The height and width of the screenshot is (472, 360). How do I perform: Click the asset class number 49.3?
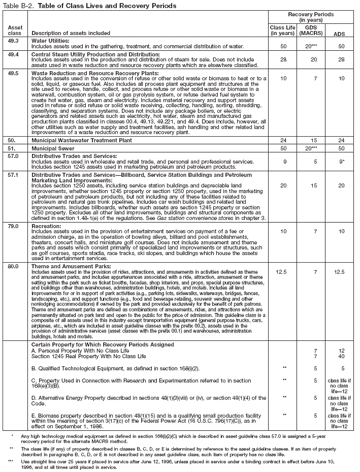(14, 39)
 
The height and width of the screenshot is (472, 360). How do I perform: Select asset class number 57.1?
(14, 174)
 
